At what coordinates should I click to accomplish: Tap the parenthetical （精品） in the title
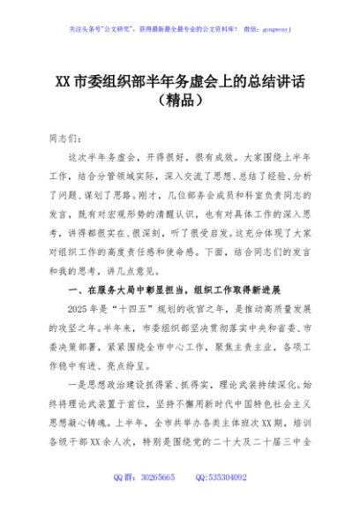179,101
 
